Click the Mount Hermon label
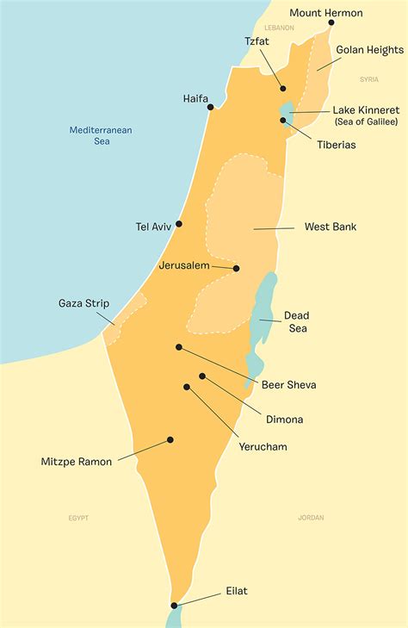pos(325,13)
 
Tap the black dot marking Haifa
pos(211,107)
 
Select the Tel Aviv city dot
pos(179,224)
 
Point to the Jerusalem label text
pos(184,266)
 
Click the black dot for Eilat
pos(175,606)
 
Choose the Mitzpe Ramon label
pos(77,462)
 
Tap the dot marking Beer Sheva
pos(179,347)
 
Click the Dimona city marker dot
pos(202,376)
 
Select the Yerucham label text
pos(263,447)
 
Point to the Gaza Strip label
pos(83,303)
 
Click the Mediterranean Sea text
pos(102,135)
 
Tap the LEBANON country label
pos(279,28)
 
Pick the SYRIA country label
pos(368,79)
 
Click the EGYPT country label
pos(78,518)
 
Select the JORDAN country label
pos(311,518)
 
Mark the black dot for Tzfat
pos(282,88)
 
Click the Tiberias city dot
pos(282,120)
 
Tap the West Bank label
pos(331,227)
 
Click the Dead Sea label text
pos(296,321)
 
